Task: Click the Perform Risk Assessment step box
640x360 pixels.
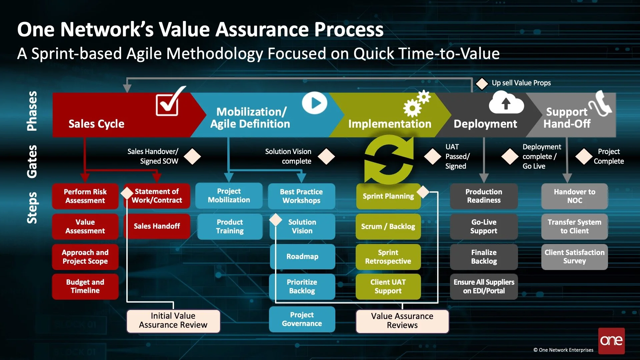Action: tap(85, 196)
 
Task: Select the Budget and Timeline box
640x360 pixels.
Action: tap(85, 286)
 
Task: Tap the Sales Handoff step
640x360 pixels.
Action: tap(157, 226)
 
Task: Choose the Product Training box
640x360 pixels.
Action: tap(230, 226)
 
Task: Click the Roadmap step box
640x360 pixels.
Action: tap(302, 256)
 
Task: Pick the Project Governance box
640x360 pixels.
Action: tap(302, 319)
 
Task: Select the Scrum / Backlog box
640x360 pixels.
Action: tap(388, 226)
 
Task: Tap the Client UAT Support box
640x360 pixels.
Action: tap(388, 286)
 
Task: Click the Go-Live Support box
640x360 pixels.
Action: tap(484, 226)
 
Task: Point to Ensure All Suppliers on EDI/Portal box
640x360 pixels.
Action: tap(484, 286)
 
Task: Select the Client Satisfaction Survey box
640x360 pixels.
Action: tap(574, 256)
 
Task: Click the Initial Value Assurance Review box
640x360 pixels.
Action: tap(173, 321)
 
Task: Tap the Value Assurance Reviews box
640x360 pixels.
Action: tap(402, 321)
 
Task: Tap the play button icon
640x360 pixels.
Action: tap(315, 103)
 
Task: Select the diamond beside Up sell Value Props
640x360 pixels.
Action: tap(482, 83)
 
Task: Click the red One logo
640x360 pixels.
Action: tap(611, 340)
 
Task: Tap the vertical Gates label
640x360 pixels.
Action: tap(32, 161)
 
